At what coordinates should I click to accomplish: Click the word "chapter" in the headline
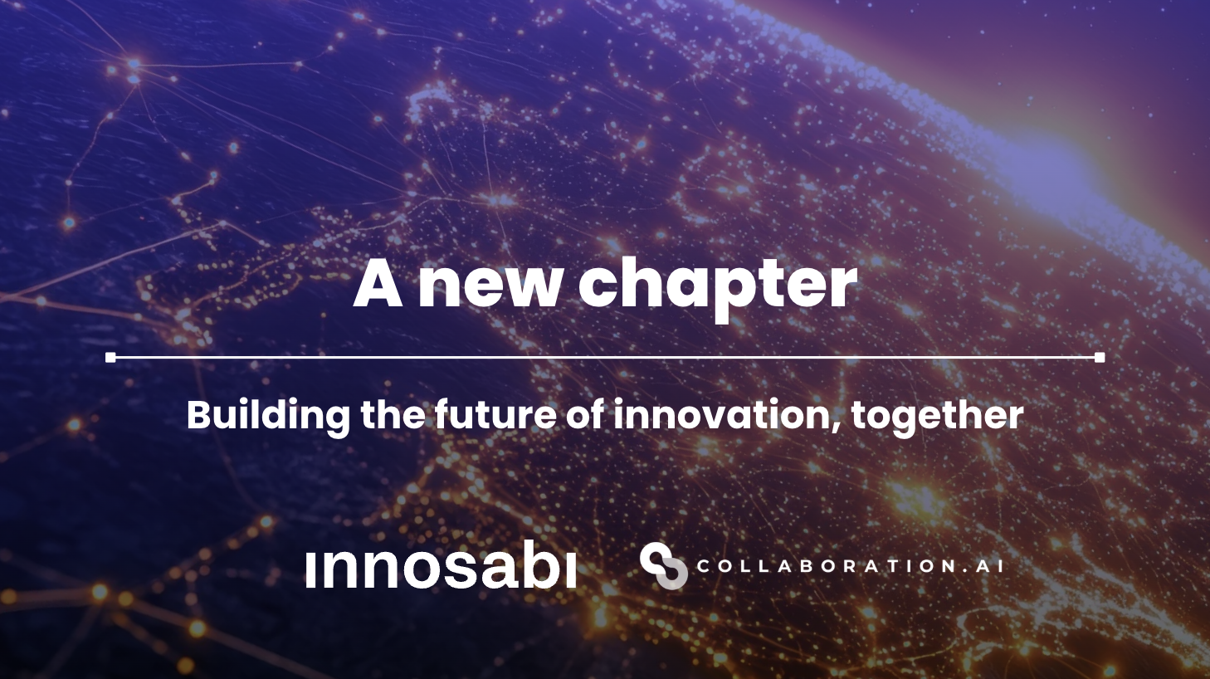point(717,285)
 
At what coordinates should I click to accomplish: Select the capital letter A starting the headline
point(378,285)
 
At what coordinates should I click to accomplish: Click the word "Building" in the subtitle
point(267,415)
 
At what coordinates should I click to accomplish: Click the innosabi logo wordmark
point(441,568)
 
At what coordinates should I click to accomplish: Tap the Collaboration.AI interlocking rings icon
point(663,566)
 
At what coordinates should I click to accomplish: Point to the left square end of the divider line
point(110,358)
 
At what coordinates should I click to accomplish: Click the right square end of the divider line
point(1100,358)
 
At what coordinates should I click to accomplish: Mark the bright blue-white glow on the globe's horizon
point(1054,170)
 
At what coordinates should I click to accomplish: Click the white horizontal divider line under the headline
point(605,358)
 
